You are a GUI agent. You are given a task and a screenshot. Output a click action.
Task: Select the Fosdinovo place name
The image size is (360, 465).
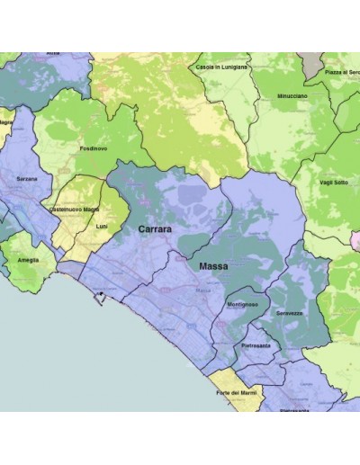click(x=93, y=148)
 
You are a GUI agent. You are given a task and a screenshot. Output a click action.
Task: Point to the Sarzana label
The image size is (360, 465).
click(x=27, y=179)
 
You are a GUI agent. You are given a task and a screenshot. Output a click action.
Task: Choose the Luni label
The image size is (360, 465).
click(x=101, y=226)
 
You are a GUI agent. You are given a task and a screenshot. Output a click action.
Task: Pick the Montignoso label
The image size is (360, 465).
click(x=244, y=306)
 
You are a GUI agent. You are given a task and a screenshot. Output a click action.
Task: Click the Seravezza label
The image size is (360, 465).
click(x=301, y=313)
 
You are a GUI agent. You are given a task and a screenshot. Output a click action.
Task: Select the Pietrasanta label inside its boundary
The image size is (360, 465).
click(x=259, y=344)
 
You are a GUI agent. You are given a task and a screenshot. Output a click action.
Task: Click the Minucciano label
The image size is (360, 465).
click(x=293, y=95)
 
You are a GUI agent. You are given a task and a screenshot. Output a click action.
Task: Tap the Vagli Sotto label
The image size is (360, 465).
click(x=333, y=183)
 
